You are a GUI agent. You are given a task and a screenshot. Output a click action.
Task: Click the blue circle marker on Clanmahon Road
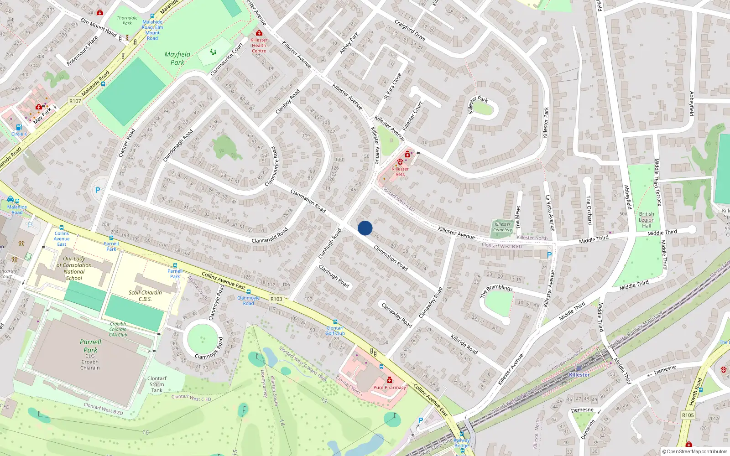tap(365, 228)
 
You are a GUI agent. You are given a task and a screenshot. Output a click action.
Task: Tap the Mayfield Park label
tap(177, 58)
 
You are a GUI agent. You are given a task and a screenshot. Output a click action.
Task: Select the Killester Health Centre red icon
tap(259, 33)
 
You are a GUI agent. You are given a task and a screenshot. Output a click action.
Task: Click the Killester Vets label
tap(400, 171)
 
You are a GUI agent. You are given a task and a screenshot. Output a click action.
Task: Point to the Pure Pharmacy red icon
tap(390, 380)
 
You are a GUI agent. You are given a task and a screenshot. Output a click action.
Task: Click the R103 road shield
tap(276, 299)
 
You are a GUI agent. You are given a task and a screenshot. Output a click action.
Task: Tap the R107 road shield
tap(75, 101)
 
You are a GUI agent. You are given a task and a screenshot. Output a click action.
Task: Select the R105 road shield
tap(688, 415)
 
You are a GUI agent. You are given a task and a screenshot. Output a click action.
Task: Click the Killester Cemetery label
tap(502, 227)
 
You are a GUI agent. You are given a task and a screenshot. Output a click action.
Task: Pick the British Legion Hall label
tap(647, 220)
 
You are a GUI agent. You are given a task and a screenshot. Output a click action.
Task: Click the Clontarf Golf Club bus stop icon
tap(335, 322)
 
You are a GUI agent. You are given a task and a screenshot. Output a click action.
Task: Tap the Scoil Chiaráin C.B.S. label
tap(145, 295)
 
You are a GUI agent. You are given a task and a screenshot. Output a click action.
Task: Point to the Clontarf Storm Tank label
tap(157, 384)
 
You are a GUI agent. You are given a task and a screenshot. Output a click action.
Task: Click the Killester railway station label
tap(579, 375)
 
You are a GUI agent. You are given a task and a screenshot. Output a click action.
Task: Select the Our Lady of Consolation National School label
tap(74, 268)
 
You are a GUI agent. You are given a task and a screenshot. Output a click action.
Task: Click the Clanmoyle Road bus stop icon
tap(249, 292)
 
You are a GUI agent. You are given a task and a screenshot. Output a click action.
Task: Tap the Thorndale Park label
tap(127, 21)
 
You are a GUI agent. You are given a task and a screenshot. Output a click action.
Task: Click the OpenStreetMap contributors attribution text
tap(695, 451)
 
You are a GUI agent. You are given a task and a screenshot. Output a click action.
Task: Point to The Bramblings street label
tap(496, 290)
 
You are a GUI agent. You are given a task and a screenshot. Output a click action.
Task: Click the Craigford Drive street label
tap(410, 30)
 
